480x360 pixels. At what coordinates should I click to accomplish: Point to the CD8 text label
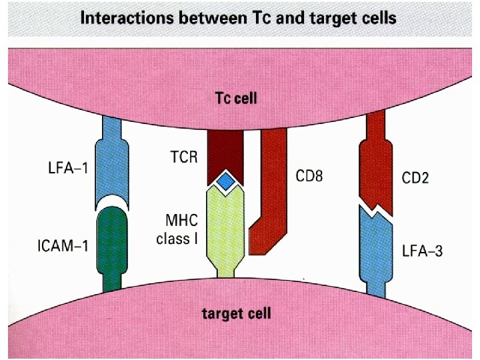[x=309, y=176]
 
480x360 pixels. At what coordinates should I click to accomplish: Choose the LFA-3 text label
[x=421, y=251]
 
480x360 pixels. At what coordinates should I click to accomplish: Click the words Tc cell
[x=235, y=98]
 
